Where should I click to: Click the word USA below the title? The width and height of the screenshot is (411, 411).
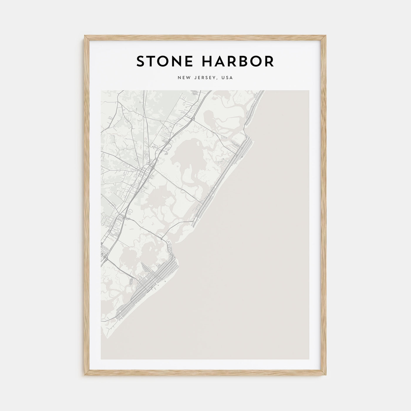[x=227, y=78]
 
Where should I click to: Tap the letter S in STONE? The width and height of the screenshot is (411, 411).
[x=141, y=61]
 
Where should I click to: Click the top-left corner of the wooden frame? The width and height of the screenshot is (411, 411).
[x=85, y=36]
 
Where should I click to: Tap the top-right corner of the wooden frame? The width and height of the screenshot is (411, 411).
[x=326, y=36]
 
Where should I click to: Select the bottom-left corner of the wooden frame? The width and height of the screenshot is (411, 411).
[x=85, y=375]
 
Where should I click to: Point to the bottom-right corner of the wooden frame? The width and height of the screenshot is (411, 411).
[x=326, y=375]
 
